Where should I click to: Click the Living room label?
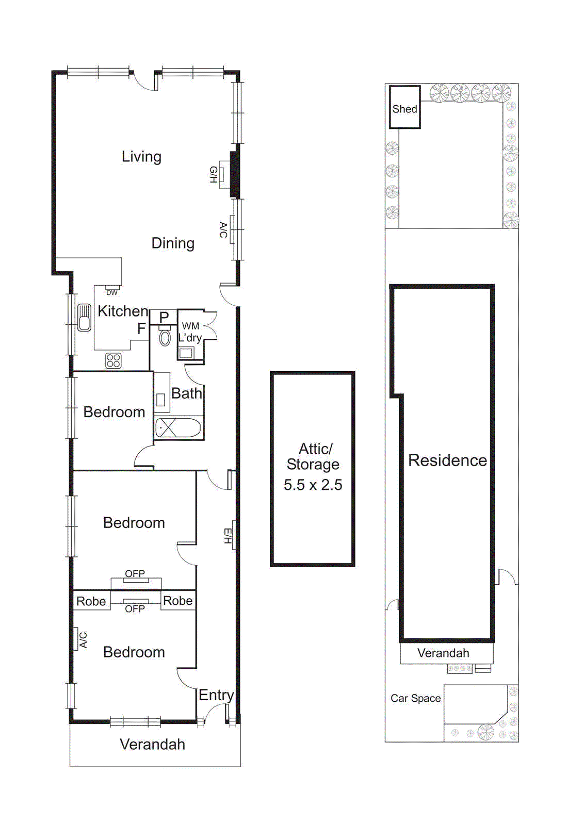click(141, 157)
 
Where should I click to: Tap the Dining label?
click(173, 243)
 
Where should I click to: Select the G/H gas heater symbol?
click(223, 175)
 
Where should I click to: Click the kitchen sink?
click(84, 317)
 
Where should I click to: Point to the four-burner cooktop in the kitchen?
click(113, 360)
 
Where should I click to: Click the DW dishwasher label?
click(112, 292)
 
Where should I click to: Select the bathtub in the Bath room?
click(178, 428)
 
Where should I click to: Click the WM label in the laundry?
click(190, 326)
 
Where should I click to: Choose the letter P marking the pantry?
click(164, 317)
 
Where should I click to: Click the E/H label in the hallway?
click(228, 536)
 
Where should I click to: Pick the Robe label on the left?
click(91, 601)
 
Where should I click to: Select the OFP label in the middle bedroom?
click(135, 574)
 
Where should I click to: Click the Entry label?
click(216, 695)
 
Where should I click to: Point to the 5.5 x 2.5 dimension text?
click(313, 485)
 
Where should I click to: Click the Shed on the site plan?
click(404, 108)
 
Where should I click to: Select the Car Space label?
click(415, 698)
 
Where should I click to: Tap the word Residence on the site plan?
click(447, 460)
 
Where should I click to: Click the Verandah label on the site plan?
click(443, 653)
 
